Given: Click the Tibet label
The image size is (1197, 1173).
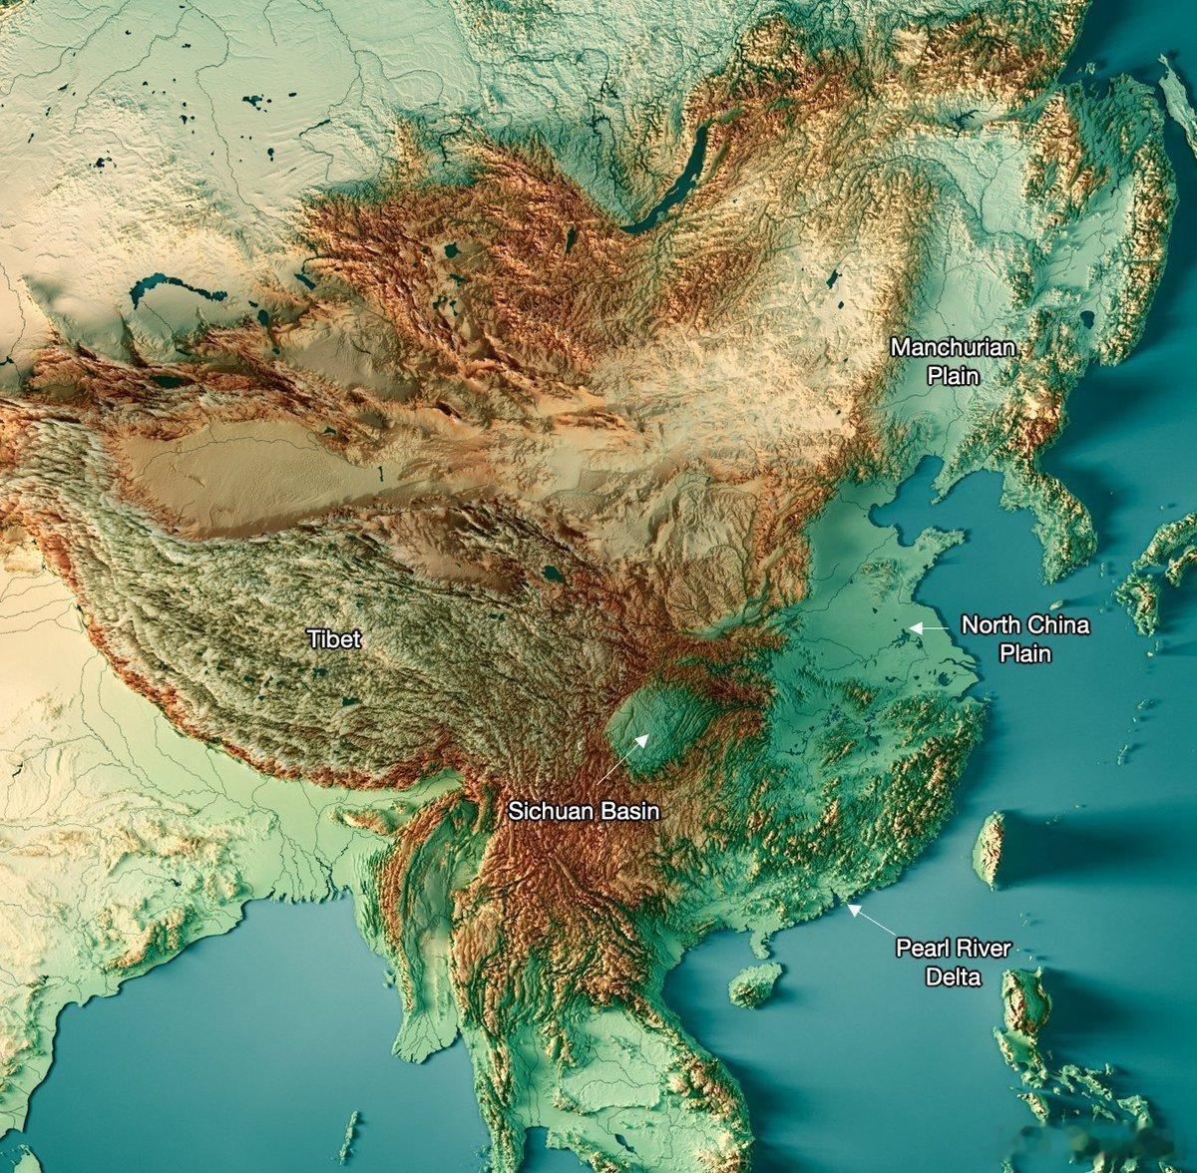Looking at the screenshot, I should coord(334,639).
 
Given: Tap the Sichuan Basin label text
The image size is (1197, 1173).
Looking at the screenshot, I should coord(584,812).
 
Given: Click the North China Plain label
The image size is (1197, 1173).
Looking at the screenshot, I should coord(1024,639).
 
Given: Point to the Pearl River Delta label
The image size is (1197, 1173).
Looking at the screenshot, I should coord(953,963).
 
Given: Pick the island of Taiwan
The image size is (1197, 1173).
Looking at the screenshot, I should coord(991,850).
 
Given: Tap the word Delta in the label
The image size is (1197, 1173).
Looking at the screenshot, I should coord(953,977).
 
